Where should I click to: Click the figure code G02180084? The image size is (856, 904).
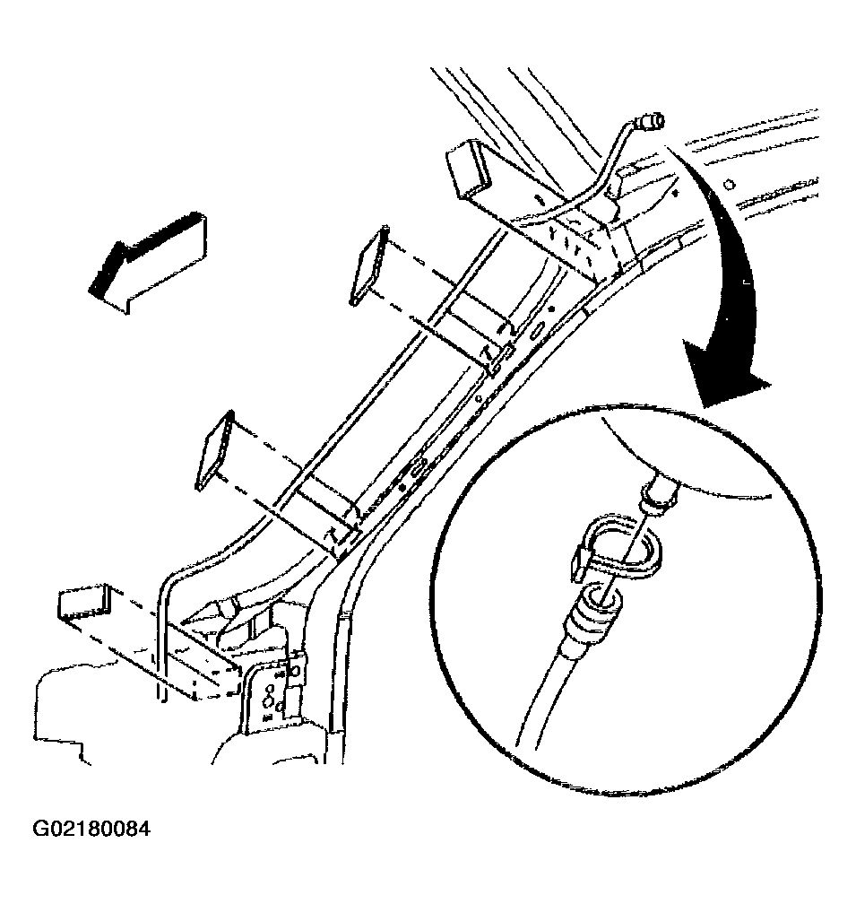click(x=91, y=829)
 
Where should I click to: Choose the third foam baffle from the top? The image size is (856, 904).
click(x=215, y=450)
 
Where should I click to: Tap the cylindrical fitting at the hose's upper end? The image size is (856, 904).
click(x=649, y=122)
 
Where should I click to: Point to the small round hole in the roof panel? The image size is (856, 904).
click(x=730, y=185)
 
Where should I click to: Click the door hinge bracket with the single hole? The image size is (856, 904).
click(x=295, y=677)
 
